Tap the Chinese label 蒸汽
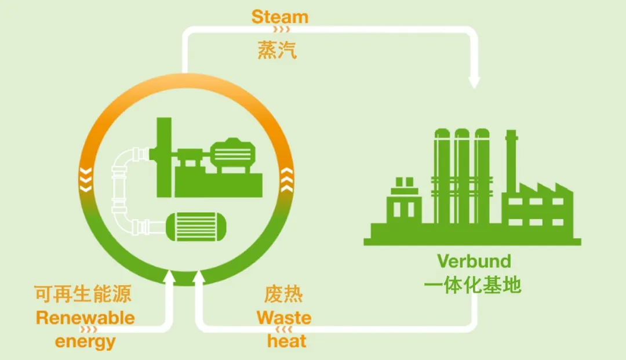coord(277,50)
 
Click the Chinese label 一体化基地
coord(473,285)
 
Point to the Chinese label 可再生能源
coord(83,294)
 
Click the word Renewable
coord(85,318)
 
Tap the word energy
coord(85,341)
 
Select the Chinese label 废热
coord(283,294)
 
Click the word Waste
coord(284,318)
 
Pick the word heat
coord(286,341)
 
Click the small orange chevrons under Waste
coord(283,330)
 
